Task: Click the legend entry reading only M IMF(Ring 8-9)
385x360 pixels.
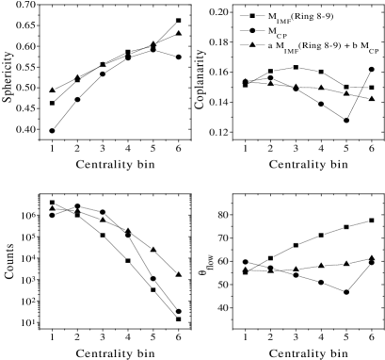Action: [x=300, y=17]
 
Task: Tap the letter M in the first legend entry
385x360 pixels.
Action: [x=272, y=16]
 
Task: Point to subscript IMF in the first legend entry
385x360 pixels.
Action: [x=284, y=21]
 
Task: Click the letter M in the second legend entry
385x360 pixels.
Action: [x=271, y=30]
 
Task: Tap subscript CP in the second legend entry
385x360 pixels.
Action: [x=281, y=36]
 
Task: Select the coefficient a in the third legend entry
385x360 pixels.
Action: [x=269, y=45]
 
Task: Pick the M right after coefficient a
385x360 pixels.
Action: [x=280, y=45]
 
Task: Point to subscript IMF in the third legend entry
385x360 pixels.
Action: [x=291, y=51]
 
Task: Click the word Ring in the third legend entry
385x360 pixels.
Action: [x=313, y=45]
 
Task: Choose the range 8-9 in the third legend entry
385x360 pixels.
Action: [x=331, y=45]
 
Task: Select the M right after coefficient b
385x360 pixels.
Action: [x=365, y=45]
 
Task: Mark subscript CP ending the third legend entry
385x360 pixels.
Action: [x=375, y=51]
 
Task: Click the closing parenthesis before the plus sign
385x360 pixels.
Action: [x=339, y=45]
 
